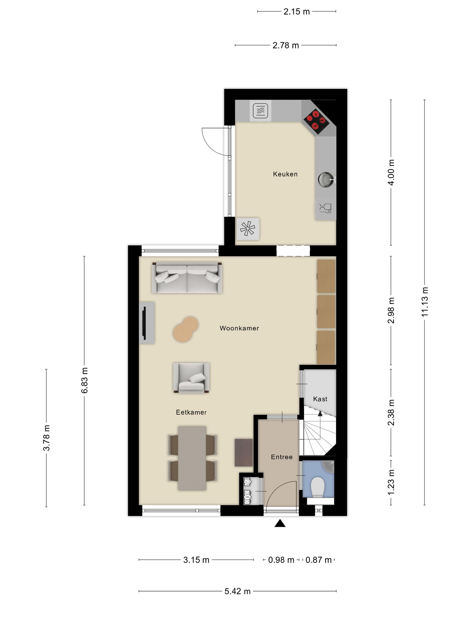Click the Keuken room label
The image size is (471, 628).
(x=285, y=174)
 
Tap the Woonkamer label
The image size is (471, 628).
(x=239, y=328)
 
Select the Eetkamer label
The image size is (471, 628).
(x=191, y=412)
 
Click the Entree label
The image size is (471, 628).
(x=281, y=457)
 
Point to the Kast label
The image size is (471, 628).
(x=320, y=399)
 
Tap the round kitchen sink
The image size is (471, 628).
(x=326, y=179)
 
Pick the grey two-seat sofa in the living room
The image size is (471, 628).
(x=187, y=278)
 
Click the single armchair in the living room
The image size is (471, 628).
(x=191, y=378)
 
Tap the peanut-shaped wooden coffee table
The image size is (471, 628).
(x=186, y=329)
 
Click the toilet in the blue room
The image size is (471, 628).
(x=318, y=487)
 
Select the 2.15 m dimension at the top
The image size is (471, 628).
(x=297, y=12)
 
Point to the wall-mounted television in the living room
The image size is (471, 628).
(x=144, y=323)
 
